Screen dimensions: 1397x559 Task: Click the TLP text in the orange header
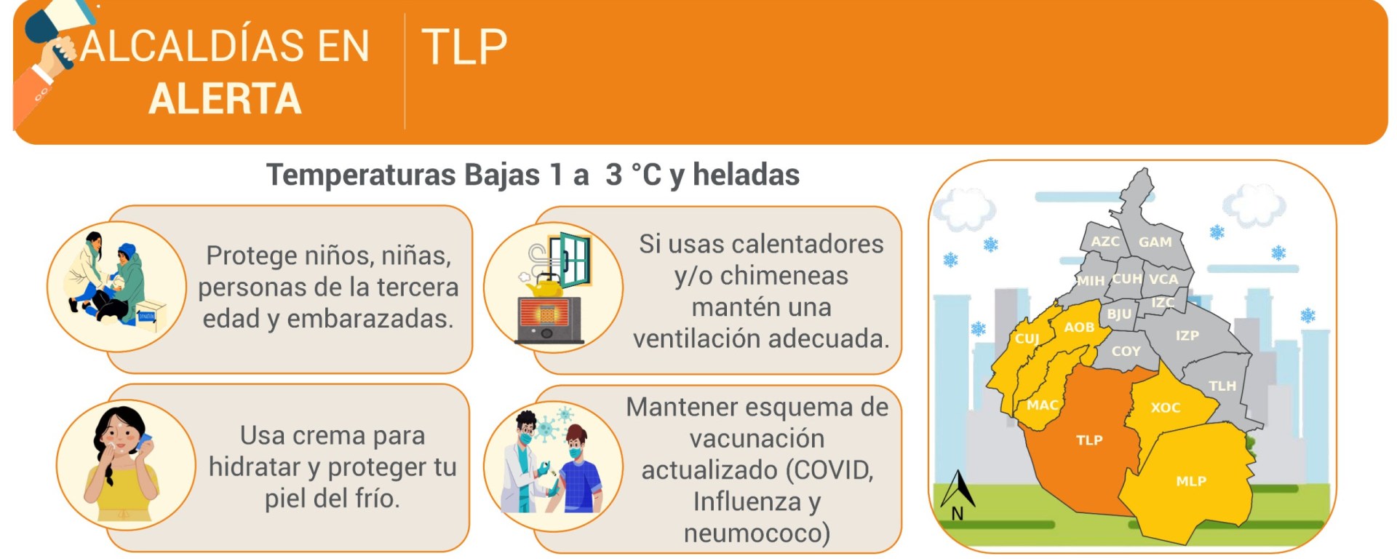464,47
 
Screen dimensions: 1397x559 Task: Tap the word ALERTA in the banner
225,98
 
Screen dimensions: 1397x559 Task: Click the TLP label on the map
1089,440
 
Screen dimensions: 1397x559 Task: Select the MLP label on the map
1191,481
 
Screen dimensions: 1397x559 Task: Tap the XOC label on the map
1166,408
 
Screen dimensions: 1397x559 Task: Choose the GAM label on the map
1155,242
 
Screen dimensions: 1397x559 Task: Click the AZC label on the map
1105,241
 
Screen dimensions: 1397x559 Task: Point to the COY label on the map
1126,351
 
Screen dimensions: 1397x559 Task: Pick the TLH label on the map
1222,386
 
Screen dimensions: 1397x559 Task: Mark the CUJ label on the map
1027,338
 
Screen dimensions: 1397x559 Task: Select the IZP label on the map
1187,336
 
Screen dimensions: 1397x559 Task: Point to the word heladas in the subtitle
746,175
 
